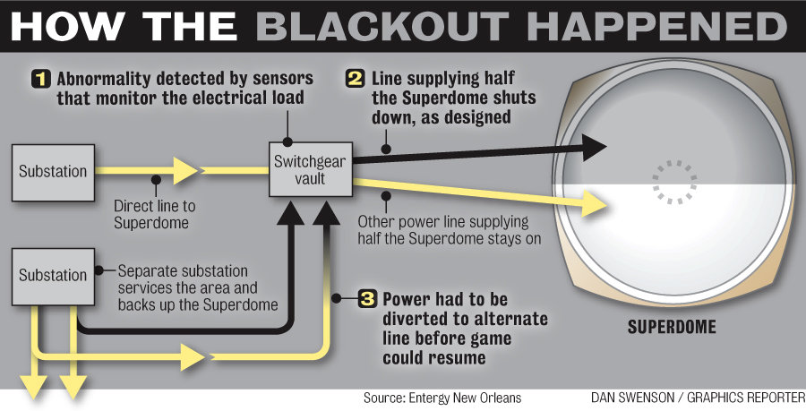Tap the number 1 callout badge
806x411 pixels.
pyautogui.click(x=40, y=78)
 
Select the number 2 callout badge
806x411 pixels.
pyautogui.click(x=355, y=78)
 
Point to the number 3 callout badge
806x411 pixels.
pyautogui.click(x=366, y=299)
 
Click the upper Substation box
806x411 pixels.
pyautogui.click(x=54, y=170)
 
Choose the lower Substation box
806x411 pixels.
pyautogui.click(x=54, y=275)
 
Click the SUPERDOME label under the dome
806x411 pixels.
pyautogui.click(x=671, y=327)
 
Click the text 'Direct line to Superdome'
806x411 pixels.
pyautogui.click(x=154, y=214)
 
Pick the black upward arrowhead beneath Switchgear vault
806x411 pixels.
pyautogui.click(x=290, y=213)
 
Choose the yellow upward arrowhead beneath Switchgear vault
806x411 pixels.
pyautogui.click(x=324, y=213)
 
